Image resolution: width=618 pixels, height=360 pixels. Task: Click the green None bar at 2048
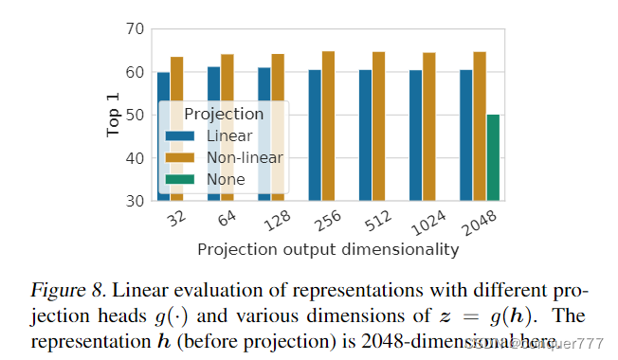pos(493,157)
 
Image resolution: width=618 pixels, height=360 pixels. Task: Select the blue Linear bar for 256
pos(315,135)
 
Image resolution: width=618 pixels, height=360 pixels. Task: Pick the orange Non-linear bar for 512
pos(378,126)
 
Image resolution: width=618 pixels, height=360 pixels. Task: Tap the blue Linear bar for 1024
pos(416,135)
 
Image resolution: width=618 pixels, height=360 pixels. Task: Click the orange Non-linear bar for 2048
pos(480,126)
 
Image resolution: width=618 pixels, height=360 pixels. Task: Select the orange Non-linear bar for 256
pos(328,126)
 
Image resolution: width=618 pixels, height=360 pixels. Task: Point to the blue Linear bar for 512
pos(365,135)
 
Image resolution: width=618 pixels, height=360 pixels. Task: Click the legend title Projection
pos(224,114)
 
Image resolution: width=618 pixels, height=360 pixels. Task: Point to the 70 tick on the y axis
pos(135,29)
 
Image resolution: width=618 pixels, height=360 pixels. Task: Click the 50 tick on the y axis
pos(135,116)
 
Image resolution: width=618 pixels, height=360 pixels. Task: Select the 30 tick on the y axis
pos(135,201)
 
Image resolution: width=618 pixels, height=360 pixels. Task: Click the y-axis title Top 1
pos(113,116)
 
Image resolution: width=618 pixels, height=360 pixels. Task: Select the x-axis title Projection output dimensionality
pos(328,250)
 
